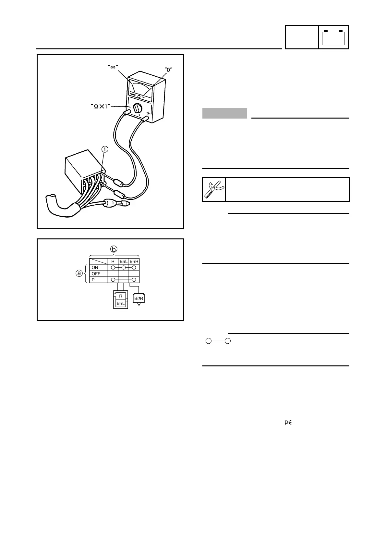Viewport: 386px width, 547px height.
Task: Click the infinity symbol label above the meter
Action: click(113, 67)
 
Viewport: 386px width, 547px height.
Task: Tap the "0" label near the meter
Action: click(168, 69)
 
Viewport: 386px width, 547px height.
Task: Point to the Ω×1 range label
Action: click(105, 107)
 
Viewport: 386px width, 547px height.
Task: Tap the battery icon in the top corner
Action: click(333, 37)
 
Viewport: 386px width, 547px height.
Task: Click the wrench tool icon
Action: click(214, 189)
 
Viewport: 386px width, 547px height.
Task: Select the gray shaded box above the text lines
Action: click(224, 113)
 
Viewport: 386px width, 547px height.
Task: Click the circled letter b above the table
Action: click(114, 249)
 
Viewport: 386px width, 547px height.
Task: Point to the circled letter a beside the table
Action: click(79, 273)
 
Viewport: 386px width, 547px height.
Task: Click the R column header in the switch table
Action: click(113, 261)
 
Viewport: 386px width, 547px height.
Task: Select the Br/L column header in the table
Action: click(124, 261)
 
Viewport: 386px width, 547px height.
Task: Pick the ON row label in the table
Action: click(95, 268)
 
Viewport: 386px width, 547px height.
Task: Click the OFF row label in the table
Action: click(96, 274)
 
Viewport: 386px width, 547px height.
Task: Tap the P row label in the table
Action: click(93, 280)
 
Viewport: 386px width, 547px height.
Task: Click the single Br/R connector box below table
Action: click(139, 298)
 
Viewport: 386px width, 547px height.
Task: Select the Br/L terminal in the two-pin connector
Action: click(121, 303)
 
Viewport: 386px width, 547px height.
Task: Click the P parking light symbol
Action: click(288, 423)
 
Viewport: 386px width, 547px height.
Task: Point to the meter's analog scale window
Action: click(142, 88)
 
